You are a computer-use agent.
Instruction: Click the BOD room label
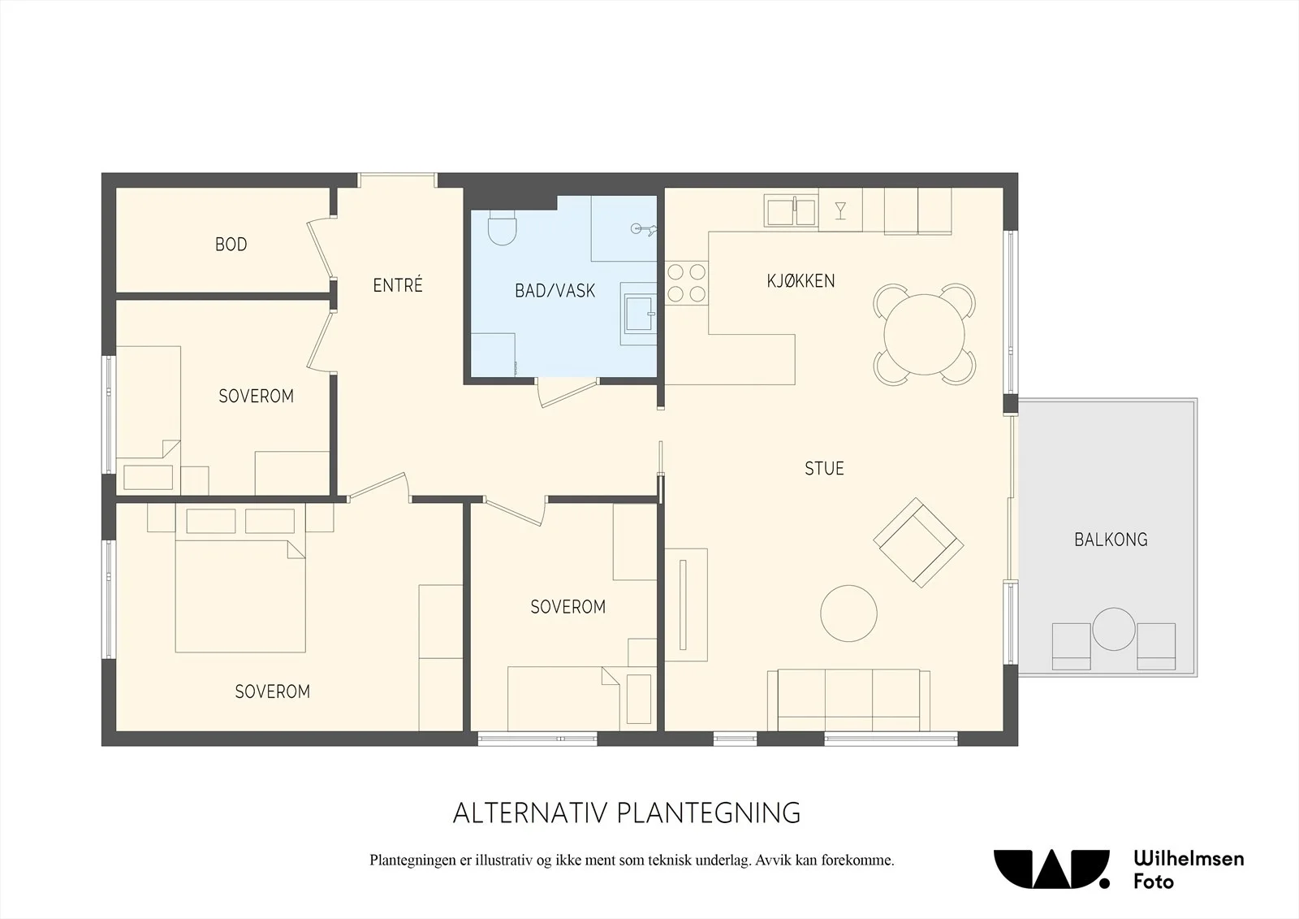[231, 245]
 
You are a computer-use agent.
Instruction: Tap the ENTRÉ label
[398, 285]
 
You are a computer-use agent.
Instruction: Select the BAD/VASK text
[555, 291]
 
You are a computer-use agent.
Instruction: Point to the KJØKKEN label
[801, 281]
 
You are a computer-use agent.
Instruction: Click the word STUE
[824, 469]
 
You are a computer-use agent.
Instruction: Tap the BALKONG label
[1111, 540]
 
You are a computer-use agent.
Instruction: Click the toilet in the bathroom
[503, 227]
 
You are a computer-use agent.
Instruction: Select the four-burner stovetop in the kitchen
[686, 283]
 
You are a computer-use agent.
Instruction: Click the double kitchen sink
[791, 211]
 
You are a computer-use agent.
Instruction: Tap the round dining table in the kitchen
[925, 335]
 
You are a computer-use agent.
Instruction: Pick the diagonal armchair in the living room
[918, 543]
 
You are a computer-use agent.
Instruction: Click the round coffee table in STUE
[848, 613]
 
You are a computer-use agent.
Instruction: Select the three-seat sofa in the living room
[848, 700]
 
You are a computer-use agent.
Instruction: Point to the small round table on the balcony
[1113, 629]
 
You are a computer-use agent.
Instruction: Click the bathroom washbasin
[638, 314]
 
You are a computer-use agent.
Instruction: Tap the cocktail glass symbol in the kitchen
[840, 210]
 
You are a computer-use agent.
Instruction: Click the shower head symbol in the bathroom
[643, 229]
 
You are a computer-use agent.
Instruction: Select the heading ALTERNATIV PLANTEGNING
[626, 813]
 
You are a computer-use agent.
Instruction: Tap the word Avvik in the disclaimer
[773, 860]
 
